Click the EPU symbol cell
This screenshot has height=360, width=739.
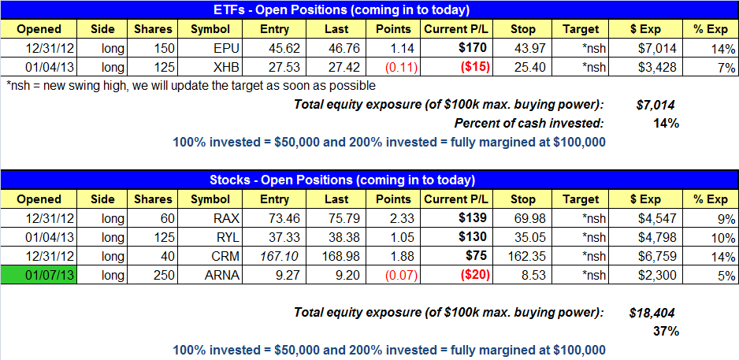(210, 49)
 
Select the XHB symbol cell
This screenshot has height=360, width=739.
(210, 67)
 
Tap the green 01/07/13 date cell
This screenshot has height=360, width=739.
(39, 275)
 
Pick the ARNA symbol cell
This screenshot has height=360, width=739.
(210, 275)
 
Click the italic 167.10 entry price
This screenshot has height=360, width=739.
(274, 257)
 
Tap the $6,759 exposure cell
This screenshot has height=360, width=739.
(659, 257)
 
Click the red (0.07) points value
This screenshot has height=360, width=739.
(401, 275)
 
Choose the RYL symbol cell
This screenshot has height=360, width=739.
(210, 238)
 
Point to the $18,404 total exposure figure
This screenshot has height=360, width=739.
(652, 313)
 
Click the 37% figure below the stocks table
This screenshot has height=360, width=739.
(666, 332)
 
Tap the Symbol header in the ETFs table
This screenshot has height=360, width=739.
(210, 28)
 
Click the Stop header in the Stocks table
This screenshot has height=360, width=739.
(522, 199)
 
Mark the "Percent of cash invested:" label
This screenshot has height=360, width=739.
(529, 124)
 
